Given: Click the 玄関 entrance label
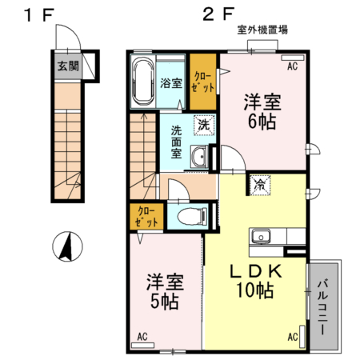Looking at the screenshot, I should pos(66,66).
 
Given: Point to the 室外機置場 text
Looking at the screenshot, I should pos(262,30).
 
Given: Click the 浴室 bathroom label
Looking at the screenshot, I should pos(170,83).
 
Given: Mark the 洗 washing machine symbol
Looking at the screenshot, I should pos(204,125).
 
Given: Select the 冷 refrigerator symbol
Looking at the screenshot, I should pos(260,184).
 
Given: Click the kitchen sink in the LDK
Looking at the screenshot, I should pos(262,236).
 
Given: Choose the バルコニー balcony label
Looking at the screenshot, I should pos(326,303).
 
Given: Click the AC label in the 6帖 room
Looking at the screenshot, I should pos(292,66).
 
